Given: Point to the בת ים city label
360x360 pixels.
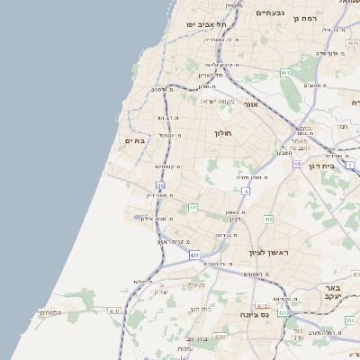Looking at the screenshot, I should click(x=135, y=139).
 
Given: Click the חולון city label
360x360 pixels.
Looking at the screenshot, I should click(x=223, y=133).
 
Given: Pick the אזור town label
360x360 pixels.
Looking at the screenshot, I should click(x=251, y=104).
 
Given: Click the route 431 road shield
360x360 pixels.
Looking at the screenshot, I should click(x=193, y=255).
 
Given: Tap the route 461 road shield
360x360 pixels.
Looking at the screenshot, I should click(x=284, y=72).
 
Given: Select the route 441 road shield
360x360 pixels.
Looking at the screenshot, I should click(x=193, y=208).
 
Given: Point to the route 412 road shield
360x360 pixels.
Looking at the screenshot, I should click(x=268, y=219).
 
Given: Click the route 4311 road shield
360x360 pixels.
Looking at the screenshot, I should click(x=113, y=310).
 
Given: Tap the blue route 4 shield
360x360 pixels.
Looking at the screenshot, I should click(x=246, y=191).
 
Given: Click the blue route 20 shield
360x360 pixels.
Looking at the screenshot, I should click(x=161, y=185).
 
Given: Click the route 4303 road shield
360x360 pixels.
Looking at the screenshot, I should click(x=219, y=336).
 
